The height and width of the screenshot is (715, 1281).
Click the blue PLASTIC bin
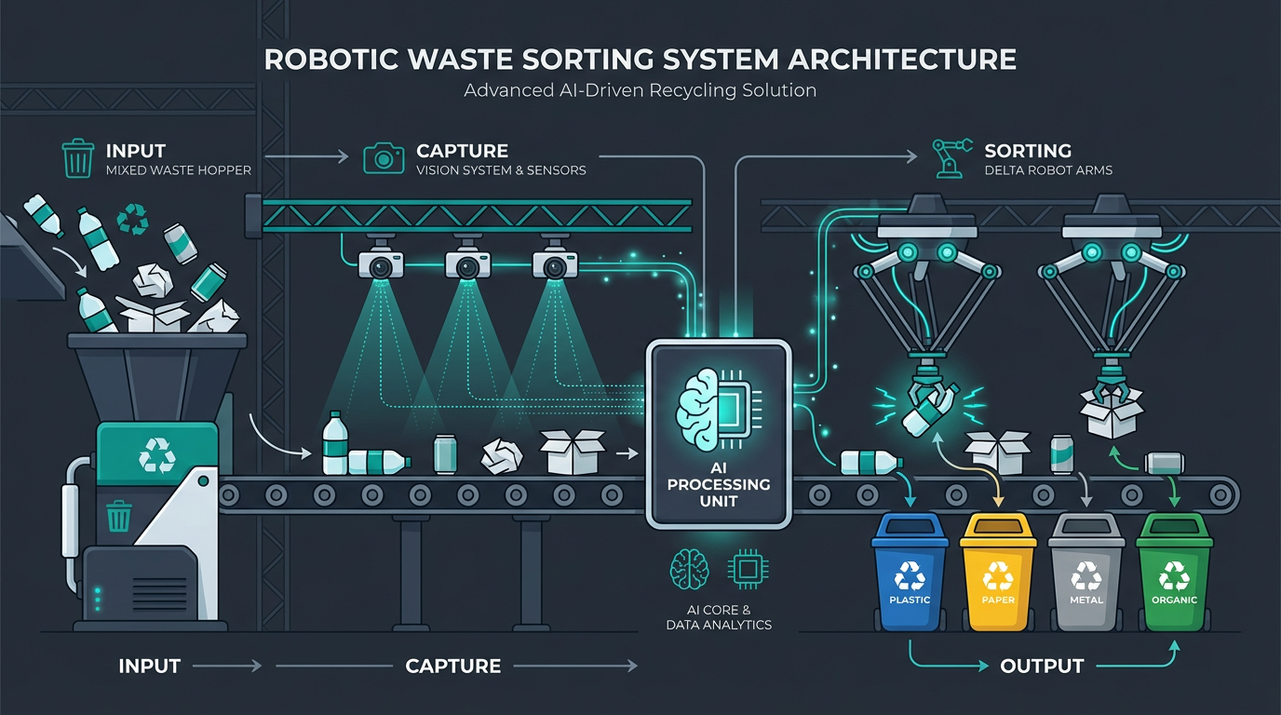910,573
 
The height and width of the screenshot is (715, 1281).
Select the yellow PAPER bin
998,573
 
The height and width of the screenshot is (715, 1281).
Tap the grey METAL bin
1085,573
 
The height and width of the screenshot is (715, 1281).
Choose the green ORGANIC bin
1174,573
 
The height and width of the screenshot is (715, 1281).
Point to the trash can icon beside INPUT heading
77,158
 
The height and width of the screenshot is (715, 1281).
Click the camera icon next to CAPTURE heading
381,158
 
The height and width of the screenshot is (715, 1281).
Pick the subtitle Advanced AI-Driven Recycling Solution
640,91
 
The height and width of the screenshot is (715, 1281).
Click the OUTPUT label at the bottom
1041,667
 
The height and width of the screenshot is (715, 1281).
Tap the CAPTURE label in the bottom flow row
453,667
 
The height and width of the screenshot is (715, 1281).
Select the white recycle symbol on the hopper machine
156,457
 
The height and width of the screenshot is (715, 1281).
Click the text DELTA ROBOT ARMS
1048,170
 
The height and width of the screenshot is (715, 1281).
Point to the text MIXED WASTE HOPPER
179,170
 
